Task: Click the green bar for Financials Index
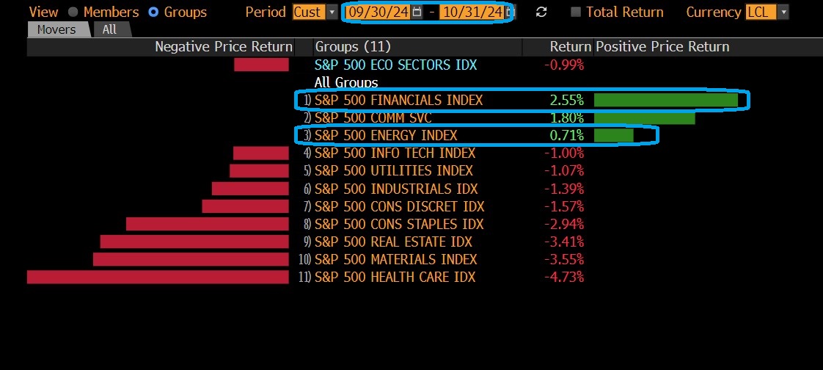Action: [665, 100]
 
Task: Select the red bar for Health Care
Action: [158, 277]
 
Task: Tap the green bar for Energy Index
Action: [613, 135]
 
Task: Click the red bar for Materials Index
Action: [191, 259]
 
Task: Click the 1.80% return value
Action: [566, 117]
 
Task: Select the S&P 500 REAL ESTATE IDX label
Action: [393, 242]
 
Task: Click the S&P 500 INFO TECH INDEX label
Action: [395, 153]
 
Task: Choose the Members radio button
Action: [73, 12]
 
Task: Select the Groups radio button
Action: [153, 12]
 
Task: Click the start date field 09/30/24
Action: [378, 12]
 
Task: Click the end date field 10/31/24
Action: [472, 12]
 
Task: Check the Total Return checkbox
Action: [576, 12]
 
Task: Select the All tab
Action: [109, 29]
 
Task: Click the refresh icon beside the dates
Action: [541, 12]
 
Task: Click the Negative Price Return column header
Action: [223, 47]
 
